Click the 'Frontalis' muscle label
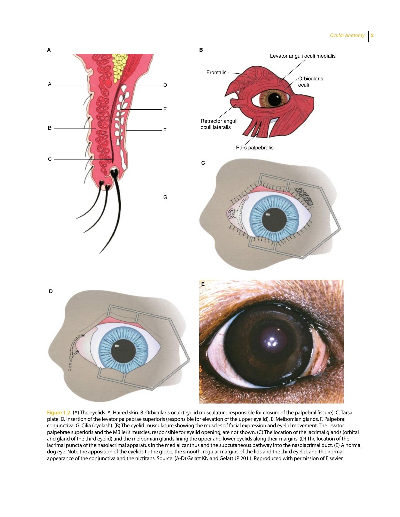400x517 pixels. tap(216, 73)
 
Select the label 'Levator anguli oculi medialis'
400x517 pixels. tap(303, 56)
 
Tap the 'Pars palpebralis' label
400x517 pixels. tap(255, 148)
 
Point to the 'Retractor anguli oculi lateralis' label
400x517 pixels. tap(219, 124)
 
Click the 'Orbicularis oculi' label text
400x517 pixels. tap(311, 82)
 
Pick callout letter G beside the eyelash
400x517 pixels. tap(165, 197)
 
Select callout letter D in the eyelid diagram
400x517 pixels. tap(165, 85)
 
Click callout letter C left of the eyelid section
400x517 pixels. tap(50, 159)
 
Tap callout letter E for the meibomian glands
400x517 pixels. tap(165, 109)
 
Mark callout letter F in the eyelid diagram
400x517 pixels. tap(165, 130)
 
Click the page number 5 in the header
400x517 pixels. tap(372, 35)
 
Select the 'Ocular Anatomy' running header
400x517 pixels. tap(347, 35)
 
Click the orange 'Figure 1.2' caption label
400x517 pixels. tap(58, 413)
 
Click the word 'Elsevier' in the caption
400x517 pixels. tap(334, 459)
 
